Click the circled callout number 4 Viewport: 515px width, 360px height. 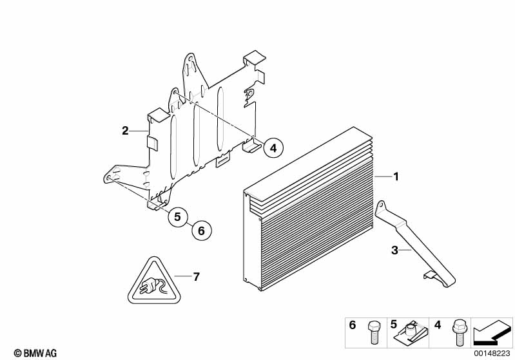click(x=273, y=148)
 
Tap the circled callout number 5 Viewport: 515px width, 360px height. click(x=179, y=217)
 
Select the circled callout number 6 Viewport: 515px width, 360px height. click(x=200, y=230)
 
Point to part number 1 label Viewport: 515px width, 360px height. click(x=397, y=176)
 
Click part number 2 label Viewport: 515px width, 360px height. click(x=125, y=131)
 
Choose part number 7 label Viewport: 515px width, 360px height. click(x=197, y=277)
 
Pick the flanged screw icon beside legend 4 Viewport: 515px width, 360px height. click(x=458, y=332)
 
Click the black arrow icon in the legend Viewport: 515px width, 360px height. click(x=492, y=332)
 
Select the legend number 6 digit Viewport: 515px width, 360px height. click(x=352, y=326)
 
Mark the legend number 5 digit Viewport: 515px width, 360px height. click(x=393, y=326)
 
